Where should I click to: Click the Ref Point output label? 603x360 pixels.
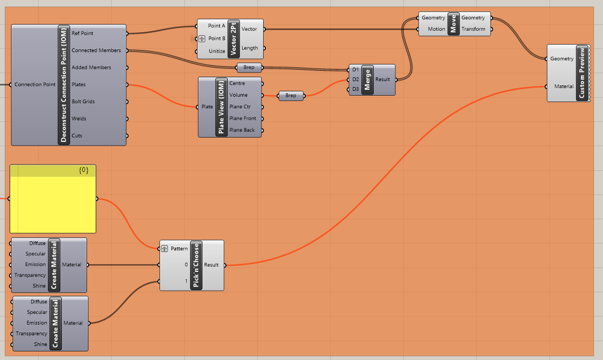[x=82, y=33]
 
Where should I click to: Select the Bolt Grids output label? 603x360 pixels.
[x=83, y=102]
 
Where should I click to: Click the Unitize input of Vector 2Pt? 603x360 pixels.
[x=217, y=52]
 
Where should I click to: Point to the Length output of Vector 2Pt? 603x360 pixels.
[x=250, y=48]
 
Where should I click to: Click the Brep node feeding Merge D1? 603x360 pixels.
[x=249, y=68]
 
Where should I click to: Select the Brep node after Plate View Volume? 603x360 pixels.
[x=290, y=96]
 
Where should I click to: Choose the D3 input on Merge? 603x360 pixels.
[x=355, y=89]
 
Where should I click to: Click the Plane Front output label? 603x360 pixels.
[x=243, y=118]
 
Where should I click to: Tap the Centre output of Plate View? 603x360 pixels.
[x=237, y=83]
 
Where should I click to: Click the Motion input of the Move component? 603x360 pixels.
[x=437, y=29]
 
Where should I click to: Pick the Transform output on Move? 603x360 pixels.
[x=473, y=29]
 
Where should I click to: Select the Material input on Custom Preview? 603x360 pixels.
[x=564, y=86]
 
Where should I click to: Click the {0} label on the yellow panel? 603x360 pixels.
[x=83, y=171]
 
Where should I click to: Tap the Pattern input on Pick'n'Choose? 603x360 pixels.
[x=179, y=249]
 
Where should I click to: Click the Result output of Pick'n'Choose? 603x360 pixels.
[x=211, y=265]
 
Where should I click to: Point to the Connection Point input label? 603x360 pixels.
[x=35, y=84]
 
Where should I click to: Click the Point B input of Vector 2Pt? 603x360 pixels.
[x=216, y=39]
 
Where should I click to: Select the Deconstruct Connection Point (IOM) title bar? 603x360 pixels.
[x=63, y=85]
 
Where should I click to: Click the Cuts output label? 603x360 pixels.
[x=77, y=136]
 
